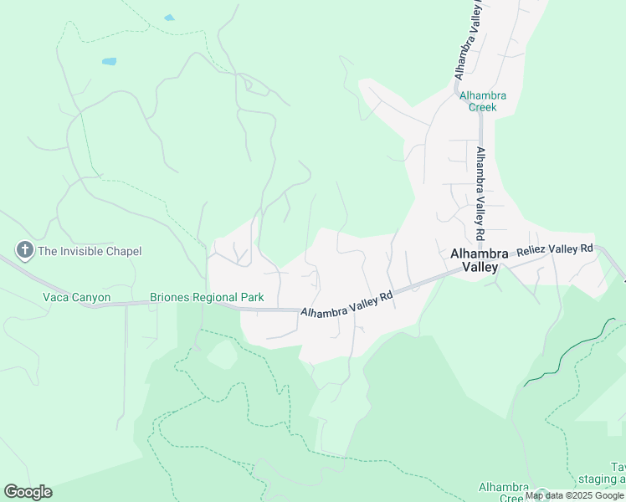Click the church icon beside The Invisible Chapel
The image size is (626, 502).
(x=24, y=250)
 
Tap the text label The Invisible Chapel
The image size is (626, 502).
(x=90, y=251)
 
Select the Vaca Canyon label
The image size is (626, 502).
(x=76, y=297)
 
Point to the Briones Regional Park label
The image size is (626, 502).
(x=207, y=297)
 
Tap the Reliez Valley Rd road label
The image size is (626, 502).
(x=554, y=249)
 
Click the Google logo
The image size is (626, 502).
(x=28, y=492)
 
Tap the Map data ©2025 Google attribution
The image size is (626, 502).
(x=575, y=496)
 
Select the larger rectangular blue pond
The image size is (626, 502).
(x=109, y=62)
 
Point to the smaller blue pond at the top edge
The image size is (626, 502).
(x=169, y=18)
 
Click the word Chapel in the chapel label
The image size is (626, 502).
(x=123, y=251)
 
